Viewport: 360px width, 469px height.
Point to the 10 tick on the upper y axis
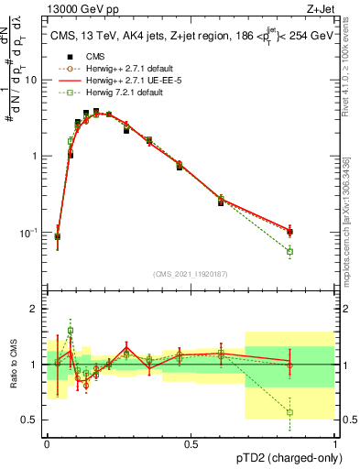pos(34,80)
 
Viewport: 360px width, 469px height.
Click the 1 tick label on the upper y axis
pos(37,156)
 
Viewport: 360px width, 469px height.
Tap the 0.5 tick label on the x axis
pos(191,443)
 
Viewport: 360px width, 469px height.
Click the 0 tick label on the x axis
pos(47,443)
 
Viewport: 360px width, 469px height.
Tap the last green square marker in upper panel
pos(290,251)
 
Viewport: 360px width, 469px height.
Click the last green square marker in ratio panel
pos(290,412)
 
